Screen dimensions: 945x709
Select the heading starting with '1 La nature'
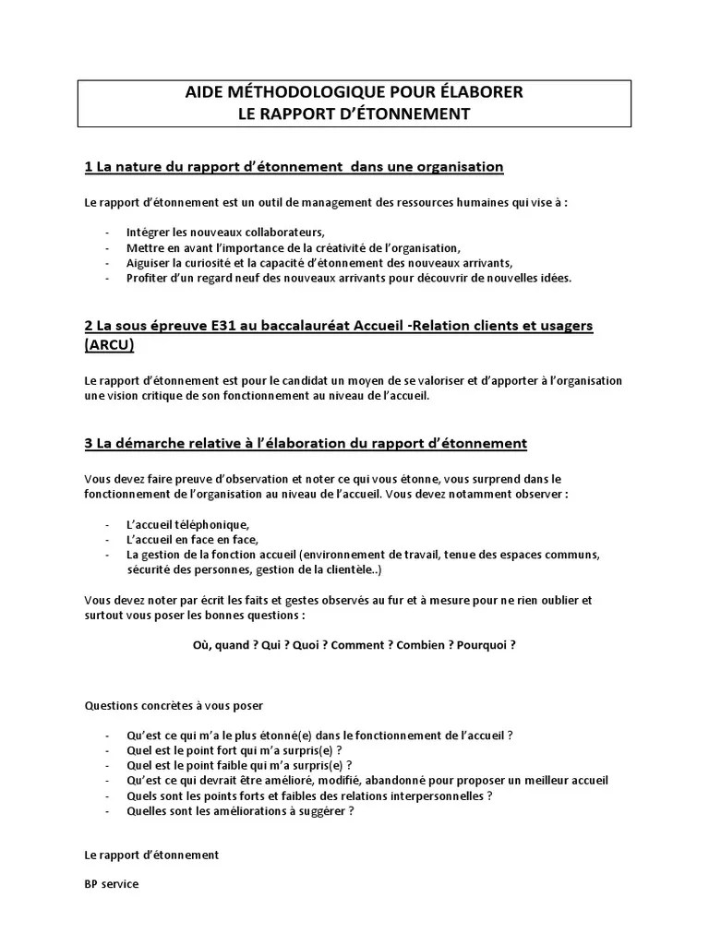pyautogui.click(x=294, y=167)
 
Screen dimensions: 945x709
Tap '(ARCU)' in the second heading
pyautogui.click(x=109, y=344)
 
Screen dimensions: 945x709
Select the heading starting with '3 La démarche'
pyautogui.click(x=306, y=443)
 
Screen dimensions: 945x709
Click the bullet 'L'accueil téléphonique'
pyautogui.click(x=188, y=524)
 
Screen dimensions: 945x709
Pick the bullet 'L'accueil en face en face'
pyautogui.click(x=193, y=539)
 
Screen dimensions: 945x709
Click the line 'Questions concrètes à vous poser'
pyautogui.click(x=174, y=705)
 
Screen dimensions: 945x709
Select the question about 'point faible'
pyautogui.click(x=239, y=765)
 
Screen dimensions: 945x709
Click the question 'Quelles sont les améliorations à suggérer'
pyautogui.click(x=240, y=811)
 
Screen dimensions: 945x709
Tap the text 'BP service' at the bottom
pyautogui.click(x=111, y=883)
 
